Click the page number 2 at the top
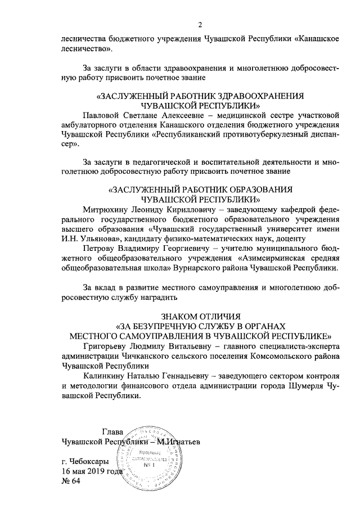pos(200,24)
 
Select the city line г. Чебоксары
pos(85,461)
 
